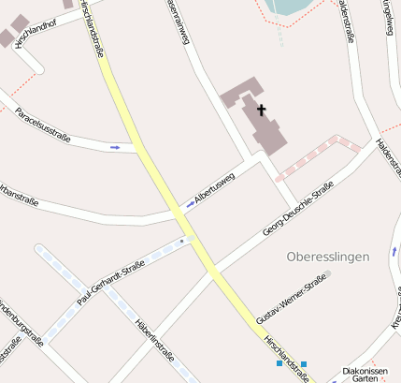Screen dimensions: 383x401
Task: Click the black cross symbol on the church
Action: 261,110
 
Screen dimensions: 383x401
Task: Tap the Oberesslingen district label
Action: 328,256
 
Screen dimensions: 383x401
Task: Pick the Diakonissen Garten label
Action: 365,375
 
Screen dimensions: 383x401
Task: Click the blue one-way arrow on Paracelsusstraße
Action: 115,147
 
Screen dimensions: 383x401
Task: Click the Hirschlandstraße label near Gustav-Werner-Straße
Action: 286,357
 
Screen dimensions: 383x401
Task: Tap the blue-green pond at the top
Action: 288,7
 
